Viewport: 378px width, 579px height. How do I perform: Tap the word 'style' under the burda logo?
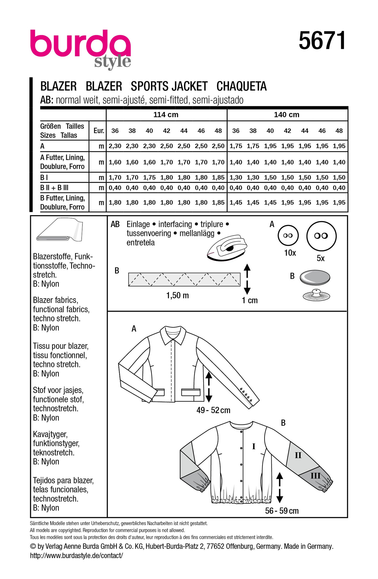tap(112, 62)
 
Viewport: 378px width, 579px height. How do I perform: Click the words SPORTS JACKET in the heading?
tap(169, 86)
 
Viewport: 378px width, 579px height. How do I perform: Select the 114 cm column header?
tap(166, 115)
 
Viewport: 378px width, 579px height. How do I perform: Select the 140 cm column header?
tap(286, 115)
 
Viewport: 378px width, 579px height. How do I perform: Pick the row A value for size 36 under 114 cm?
tap(115, 146)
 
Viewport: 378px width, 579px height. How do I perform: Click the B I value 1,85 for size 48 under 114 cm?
tap(218, 177)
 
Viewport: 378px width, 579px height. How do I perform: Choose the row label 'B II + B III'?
tap(54, 188)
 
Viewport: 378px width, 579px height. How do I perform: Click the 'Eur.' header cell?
tap(99, 131)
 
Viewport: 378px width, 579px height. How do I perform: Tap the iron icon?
tap(227, 248)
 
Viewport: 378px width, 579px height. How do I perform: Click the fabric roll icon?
tap(60, 230)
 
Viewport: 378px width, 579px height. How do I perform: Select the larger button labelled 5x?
tap(321, 236)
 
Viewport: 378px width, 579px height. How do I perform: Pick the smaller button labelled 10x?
tap(288, 235)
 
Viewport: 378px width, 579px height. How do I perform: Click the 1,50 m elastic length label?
tap(177, 295)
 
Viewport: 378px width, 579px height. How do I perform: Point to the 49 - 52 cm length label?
tap(213, 410)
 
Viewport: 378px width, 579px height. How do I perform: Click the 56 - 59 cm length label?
tap(282, 510)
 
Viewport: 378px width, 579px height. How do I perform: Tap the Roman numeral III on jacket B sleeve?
tap(315, 475)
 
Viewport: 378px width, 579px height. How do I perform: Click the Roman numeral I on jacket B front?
tap(253, 446)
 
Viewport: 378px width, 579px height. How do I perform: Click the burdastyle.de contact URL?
tap(76, 555)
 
